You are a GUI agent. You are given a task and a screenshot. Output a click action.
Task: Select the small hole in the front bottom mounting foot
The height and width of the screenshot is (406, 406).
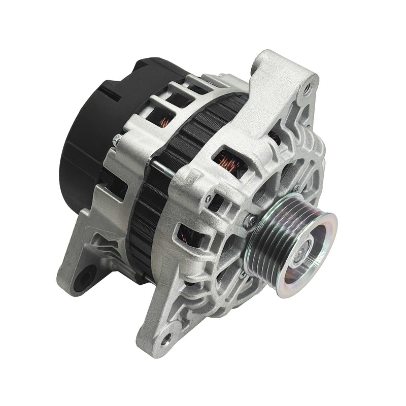(x=166, y=336)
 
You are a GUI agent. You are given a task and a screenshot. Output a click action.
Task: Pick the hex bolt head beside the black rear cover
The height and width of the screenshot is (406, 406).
(x=116, y=141)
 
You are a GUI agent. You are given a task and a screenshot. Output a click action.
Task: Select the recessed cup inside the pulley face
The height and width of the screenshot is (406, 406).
(x=310, y=254)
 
